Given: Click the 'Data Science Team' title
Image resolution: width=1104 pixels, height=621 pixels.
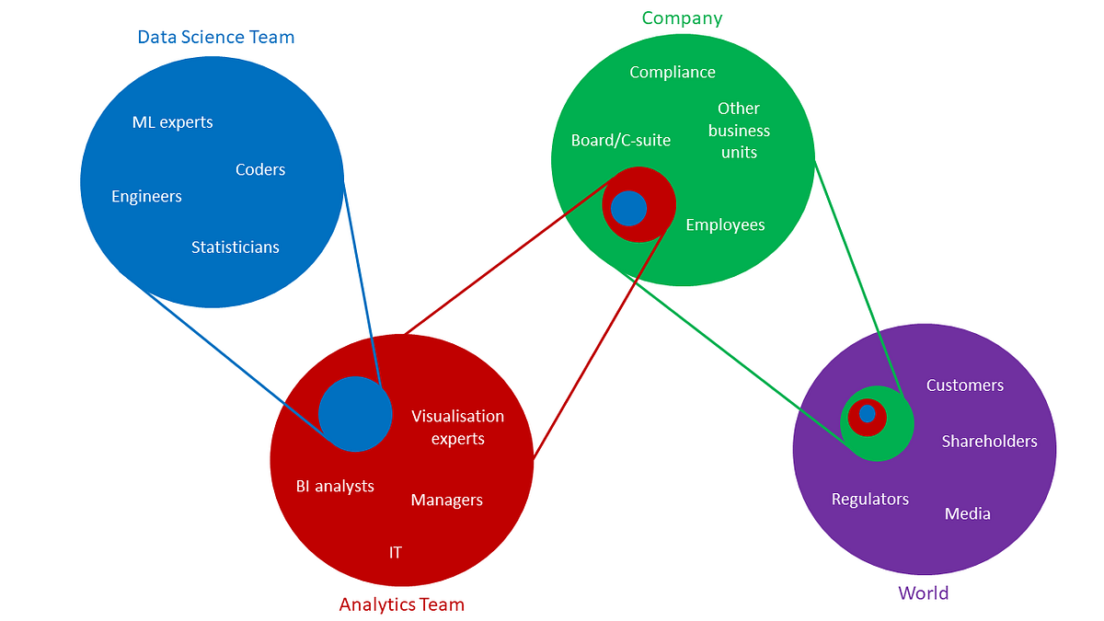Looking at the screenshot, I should click(216, 38).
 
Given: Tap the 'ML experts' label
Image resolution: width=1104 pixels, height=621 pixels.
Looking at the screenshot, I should click(173, 122).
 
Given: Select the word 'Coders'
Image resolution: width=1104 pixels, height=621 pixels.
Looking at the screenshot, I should click(260, 169).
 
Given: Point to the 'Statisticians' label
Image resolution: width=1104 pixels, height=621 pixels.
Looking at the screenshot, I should click(236, 247).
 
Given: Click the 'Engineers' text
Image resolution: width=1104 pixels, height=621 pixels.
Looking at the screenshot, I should click(146, 196).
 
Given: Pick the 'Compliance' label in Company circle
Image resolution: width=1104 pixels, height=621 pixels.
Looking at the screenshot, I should click(673, 72).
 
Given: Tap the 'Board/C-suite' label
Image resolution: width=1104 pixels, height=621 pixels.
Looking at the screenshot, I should click(621, 140).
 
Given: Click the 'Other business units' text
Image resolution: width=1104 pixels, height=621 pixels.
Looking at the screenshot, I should click(739, 131).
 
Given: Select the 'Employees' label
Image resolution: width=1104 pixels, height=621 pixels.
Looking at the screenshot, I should click(725, 224).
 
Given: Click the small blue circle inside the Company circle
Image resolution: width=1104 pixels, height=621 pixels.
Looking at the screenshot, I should click(629, 208).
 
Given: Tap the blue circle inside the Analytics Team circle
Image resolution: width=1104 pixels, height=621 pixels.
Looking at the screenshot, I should click(355, 414).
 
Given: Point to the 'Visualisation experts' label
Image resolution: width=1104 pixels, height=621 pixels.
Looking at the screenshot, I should click(457, 427).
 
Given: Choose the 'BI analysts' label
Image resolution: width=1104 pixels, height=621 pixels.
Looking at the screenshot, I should click(335, 486).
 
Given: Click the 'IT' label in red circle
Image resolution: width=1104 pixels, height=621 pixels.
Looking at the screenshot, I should click(395, 552).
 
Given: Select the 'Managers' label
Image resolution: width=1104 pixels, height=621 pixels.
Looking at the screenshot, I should click(446, 500).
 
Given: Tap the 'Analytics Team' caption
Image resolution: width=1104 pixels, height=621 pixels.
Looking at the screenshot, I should click(402, 604).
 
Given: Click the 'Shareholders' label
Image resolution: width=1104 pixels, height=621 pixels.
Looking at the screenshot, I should click(989, 442).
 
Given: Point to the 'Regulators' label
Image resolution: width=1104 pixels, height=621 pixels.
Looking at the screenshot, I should click(869, 499).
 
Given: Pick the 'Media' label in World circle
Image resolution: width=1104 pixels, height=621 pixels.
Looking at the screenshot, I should click(968, 513).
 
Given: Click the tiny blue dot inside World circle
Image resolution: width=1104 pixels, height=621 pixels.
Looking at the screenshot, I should click(867, 414).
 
